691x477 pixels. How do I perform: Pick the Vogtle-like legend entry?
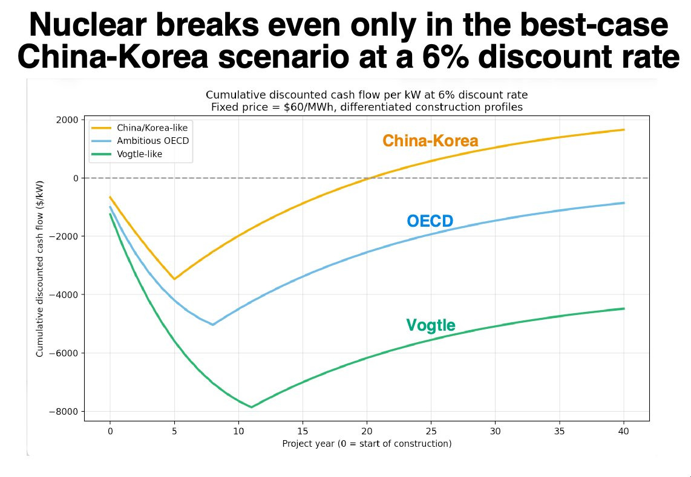139,154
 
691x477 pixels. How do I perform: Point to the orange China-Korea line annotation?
430,141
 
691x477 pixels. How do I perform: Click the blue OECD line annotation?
430,221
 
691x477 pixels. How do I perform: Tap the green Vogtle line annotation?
430,325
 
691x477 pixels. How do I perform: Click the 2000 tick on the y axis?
67,120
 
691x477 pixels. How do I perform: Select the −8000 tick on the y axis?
64,412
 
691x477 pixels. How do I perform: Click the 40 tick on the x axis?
623,431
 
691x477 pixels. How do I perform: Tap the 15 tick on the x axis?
303,431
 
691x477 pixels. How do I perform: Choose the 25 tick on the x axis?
431,431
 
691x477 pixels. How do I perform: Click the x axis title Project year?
367,444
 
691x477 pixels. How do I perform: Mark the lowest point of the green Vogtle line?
251,407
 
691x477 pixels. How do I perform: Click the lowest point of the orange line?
174,279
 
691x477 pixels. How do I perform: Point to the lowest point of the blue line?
213,325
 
